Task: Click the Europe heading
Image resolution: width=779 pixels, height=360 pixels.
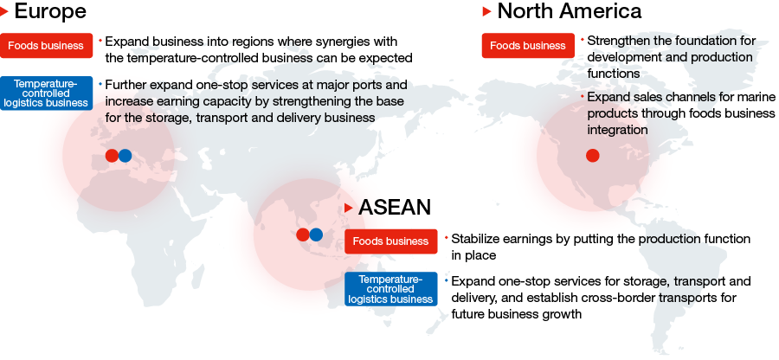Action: click(50, 11)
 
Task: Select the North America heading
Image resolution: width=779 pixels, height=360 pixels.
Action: click(570, 11)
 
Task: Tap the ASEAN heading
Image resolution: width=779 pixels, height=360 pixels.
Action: click(395, 207)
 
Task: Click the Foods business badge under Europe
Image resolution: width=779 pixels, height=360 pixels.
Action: click(46, 46)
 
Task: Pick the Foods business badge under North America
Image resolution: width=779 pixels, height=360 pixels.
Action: click(528, 46)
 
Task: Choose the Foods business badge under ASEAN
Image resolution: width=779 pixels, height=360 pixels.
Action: click(391, 241)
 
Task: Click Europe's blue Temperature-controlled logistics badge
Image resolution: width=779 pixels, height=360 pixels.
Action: click(46, 93)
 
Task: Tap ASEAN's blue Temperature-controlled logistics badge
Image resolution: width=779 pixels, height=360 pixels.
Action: click(391, 289)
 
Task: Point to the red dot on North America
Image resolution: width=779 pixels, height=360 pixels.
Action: click(593, 156)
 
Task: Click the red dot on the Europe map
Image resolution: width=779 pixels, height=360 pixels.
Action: click(113, 156)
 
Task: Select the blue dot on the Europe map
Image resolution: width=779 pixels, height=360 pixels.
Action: click(126, 156)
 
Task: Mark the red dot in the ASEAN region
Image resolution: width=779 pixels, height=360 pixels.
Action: click(303, 235)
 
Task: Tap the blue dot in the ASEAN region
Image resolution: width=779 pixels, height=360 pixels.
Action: click(316, 235)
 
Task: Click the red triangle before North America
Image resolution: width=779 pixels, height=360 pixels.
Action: click(486, 11)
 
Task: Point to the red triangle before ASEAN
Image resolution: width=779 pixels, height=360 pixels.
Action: click(349, 208)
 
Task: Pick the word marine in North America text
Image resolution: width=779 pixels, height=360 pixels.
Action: click(757, 97)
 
